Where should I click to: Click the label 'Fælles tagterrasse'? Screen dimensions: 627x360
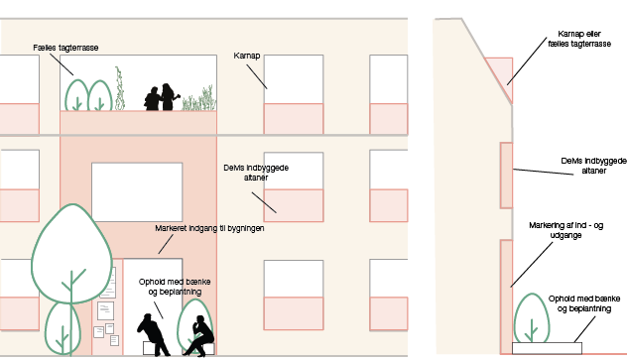tap(65, 48)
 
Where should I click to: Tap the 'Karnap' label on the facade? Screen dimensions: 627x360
tap(247, 56)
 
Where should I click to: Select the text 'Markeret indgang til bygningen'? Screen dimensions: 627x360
tap(209, 228)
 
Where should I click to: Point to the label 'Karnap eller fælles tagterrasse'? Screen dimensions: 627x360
tap(579, 39)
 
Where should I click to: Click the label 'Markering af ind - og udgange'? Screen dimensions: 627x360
tap(565, 230)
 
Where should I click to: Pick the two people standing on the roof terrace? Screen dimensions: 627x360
tap(162, 97)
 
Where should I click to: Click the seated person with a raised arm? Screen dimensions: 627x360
tap(154, 335)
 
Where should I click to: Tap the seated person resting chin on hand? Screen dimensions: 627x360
tap(198, 335)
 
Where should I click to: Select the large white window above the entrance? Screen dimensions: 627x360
tap(137, 192)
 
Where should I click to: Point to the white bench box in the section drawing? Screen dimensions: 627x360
tap(547, 348)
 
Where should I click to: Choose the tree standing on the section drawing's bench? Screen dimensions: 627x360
tap(532, 318)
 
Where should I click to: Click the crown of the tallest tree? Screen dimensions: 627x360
tap(71, 253)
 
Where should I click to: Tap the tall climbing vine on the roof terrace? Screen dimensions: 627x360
tap(119, 88)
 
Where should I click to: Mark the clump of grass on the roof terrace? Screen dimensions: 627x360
tap(199, 99)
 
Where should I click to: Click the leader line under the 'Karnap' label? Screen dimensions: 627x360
tap(257, 76)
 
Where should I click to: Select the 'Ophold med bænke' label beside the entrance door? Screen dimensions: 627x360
tap(175, 287)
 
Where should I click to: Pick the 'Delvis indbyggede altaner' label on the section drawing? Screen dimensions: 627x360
tap(594, 166)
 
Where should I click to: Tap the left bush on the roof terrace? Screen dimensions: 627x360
tap(76, 95)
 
